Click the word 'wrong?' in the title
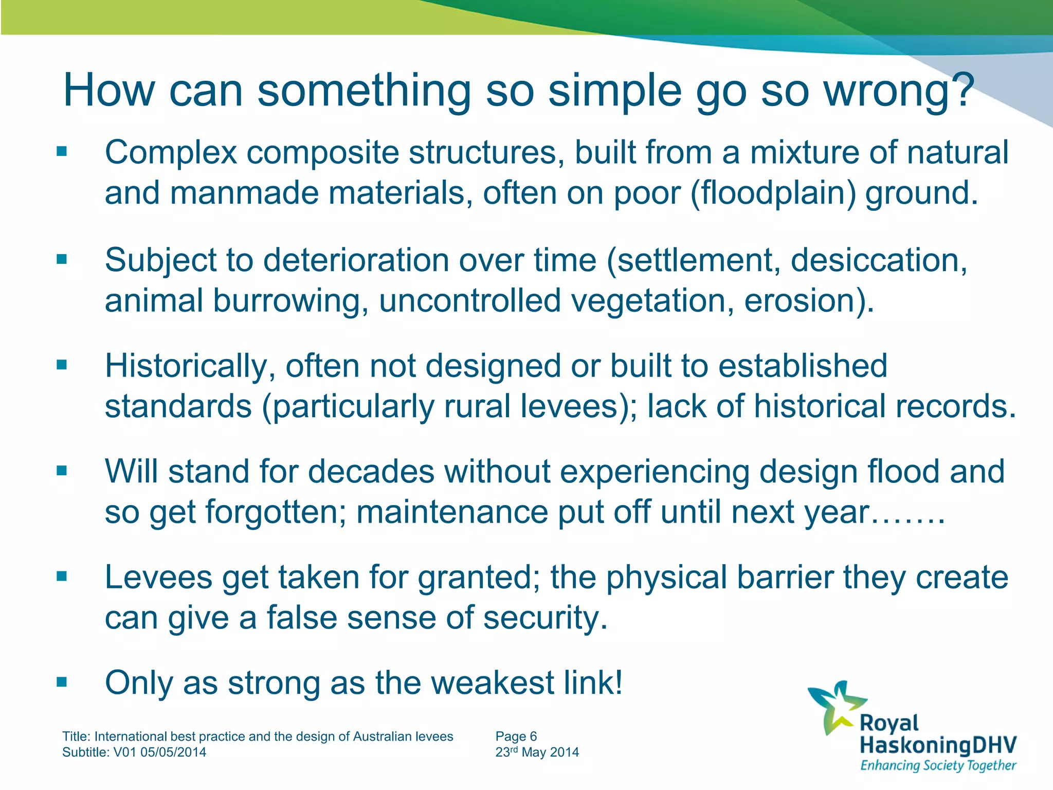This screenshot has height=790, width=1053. point(899,92)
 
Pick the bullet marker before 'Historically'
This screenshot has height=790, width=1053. point(62,365)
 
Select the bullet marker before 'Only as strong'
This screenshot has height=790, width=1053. point(62,683)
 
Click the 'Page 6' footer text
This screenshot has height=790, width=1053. point(516,737)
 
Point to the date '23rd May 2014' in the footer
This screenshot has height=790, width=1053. point(537,752)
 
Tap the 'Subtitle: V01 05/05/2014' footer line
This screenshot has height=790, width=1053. point(134,752)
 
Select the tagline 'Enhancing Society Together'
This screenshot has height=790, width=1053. point(938,765)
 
